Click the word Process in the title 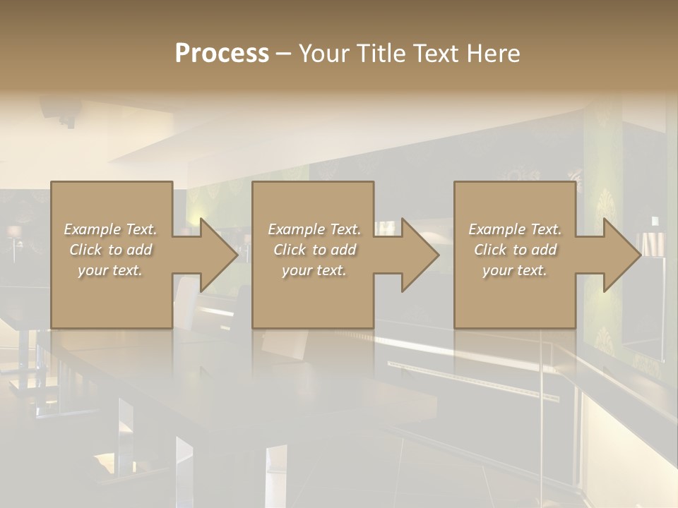[222, 54]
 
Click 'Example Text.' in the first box [110, 229]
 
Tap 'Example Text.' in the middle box [314, 229]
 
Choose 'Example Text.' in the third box [515, 229]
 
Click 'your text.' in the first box [110, 270]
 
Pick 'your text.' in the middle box [314, 270]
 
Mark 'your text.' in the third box [515, 270]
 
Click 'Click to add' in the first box [110, 250]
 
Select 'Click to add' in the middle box [314, 250]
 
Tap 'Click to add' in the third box [515, 250]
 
